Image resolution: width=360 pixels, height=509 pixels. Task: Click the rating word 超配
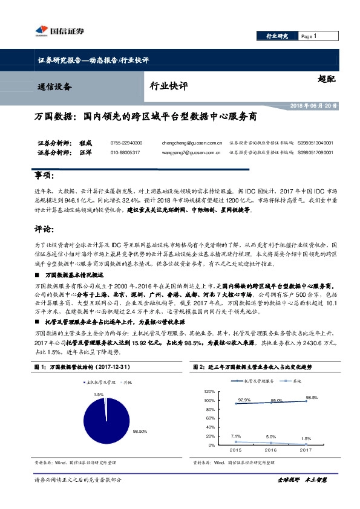(x=325, y=78)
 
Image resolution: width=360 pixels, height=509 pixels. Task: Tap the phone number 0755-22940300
(x=126, y=143)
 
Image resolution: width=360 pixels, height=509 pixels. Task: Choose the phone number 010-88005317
(x=125, y=152)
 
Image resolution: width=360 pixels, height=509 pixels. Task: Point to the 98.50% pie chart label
(x=140, y=430)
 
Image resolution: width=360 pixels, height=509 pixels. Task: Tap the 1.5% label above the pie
(x=99, y=394)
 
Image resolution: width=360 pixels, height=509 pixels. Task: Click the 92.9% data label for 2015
(x=244, y=400)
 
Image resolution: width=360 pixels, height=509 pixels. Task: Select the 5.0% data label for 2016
(x=270, y=436)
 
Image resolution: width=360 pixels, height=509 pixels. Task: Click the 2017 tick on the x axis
(x=306, y=450)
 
